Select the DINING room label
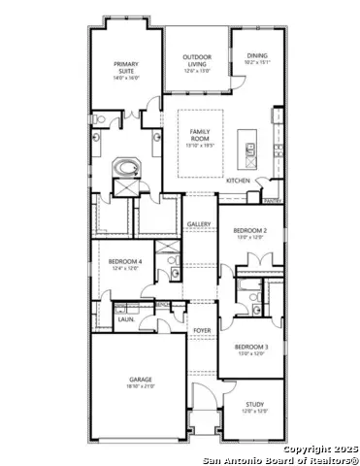pos(256,56)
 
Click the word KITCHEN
pos(238,181)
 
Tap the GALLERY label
pos(200,224)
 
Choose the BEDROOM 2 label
pos(250,231)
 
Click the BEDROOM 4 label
pos(125,262)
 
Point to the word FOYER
pos(201,331)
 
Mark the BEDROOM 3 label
pos(250,347)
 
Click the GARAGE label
pos(141,380)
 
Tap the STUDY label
pos(255,405)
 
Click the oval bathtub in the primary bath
pos(125,169)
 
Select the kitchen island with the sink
pos(250,150)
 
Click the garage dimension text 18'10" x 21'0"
pos(141,387)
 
